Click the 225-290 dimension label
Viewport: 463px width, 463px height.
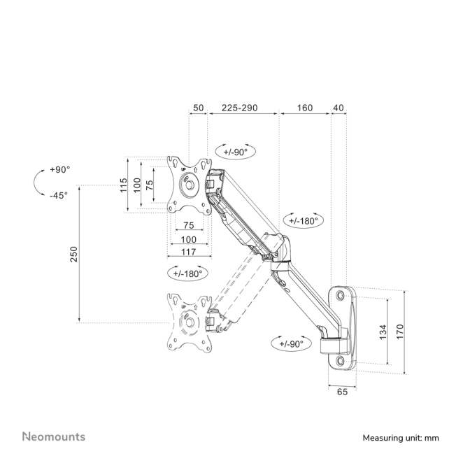[x=239, y=108]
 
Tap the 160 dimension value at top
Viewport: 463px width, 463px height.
[x=304, y=108]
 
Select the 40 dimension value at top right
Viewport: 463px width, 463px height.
[x=339, y=108]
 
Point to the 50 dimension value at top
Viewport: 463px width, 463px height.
[x=198, y=108]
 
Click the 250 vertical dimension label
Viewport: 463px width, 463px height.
[x=73, y=254]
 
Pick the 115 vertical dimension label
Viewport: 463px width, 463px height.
[x=123, y=185]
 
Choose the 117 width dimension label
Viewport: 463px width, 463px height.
[x=189, y=252]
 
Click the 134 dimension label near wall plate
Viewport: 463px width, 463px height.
[x=383, y=332]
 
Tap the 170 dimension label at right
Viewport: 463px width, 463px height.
[x=399, y=332]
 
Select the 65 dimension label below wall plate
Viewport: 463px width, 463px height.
[x=342, y=392]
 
